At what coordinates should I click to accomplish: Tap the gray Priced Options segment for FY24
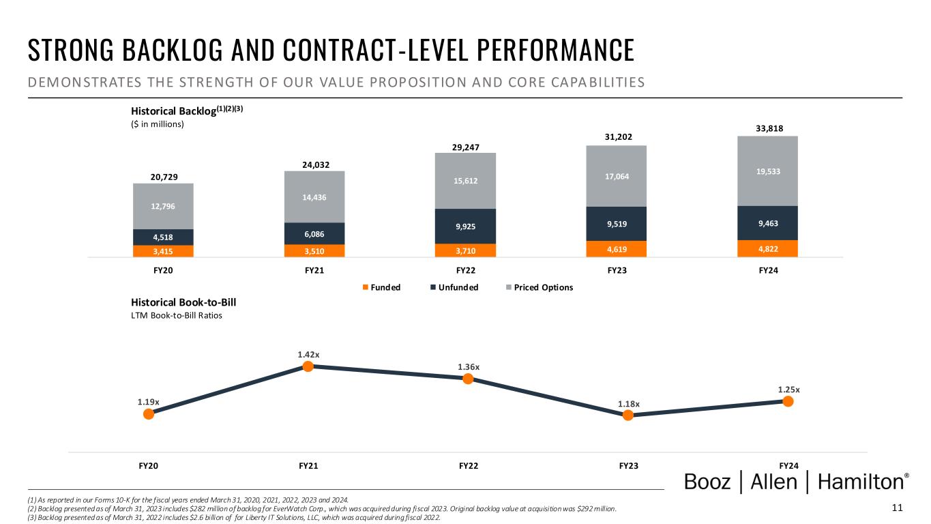(x=767, y=171)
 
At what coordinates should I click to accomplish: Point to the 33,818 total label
(x=767, y=128)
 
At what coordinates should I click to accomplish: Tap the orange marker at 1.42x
(x=308, y=366)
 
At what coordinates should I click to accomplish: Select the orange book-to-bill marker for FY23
(x=628, y=414)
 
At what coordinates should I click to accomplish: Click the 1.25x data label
(x=788, y=390)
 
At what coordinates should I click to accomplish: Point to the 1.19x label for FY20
(x=147, y=402)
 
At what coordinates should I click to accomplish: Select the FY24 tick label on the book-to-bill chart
(x=788, y=466)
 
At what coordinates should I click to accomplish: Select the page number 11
(x=897, y=508)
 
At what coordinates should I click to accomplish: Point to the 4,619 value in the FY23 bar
(x=616, y=249)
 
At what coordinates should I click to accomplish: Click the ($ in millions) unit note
(x=158, y=124)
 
